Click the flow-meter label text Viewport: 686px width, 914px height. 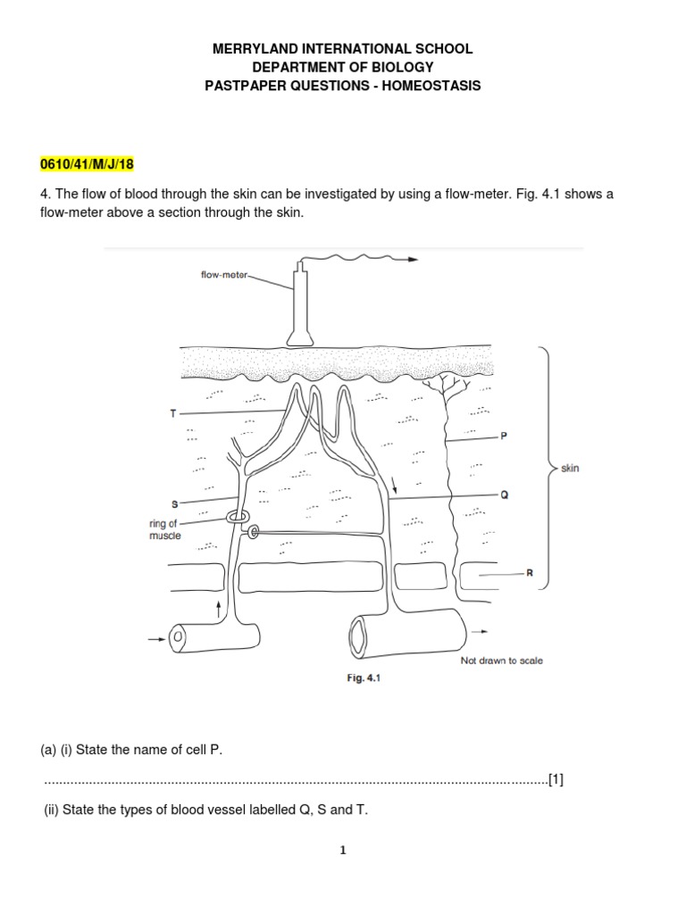point(223,276)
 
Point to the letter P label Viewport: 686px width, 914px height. point(503,436)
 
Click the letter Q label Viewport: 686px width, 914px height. point(504,495)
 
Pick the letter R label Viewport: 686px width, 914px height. point(529,574)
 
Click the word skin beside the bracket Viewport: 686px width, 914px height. point(570,468)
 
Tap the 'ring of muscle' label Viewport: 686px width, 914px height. point(164,529)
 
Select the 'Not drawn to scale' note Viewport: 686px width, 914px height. point(501,661)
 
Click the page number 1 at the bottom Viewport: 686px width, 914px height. point(343,851)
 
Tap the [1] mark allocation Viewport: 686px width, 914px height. point(556,779)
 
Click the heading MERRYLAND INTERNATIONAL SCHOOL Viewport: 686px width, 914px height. point(343,49)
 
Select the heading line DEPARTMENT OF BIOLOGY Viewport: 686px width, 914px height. point(343,68)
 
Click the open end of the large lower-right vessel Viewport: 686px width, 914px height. point(357,636)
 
